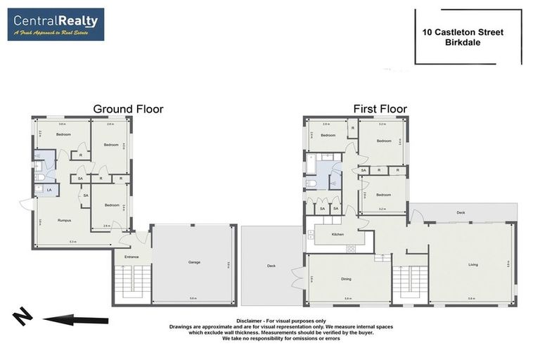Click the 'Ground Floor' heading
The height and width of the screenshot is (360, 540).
[128, 109]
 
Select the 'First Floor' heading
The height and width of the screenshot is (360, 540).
[380, 109]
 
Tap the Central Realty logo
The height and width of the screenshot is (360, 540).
[56, 25]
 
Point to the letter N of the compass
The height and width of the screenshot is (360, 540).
[22, 318]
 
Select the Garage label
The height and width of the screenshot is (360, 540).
[194, 262]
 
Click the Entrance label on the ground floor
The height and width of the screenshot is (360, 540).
[131, 257]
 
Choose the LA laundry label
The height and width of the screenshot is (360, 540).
[49, 189]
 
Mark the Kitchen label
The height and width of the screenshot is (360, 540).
[338, 233]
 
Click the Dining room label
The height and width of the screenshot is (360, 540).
[346, 279]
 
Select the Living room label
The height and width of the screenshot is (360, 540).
[473, 265]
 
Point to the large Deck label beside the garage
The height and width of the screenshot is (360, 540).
[271, 266]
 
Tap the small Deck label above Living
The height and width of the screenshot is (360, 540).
[461, 212]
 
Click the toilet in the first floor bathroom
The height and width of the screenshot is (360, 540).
[311, 184]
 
